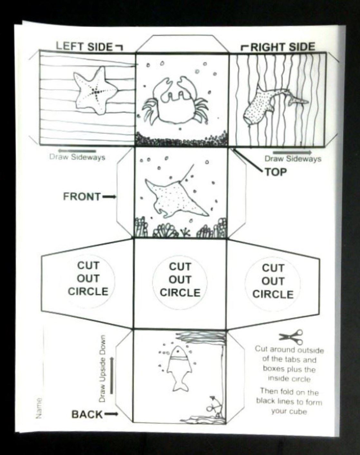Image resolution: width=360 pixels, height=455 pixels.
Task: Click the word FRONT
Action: click(x=82, y=197)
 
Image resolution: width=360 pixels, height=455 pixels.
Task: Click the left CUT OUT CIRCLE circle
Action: click(x=88, y=279)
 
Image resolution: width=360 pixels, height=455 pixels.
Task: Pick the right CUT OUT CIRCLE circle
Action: click(x=273, y=282)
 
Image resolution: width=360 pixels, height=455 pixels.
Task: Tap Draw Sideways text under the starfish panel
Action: click(x=77, y=157)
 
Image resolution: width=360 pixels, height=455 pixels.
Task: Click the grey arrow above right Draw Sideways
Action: click(x=292, y=152)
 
